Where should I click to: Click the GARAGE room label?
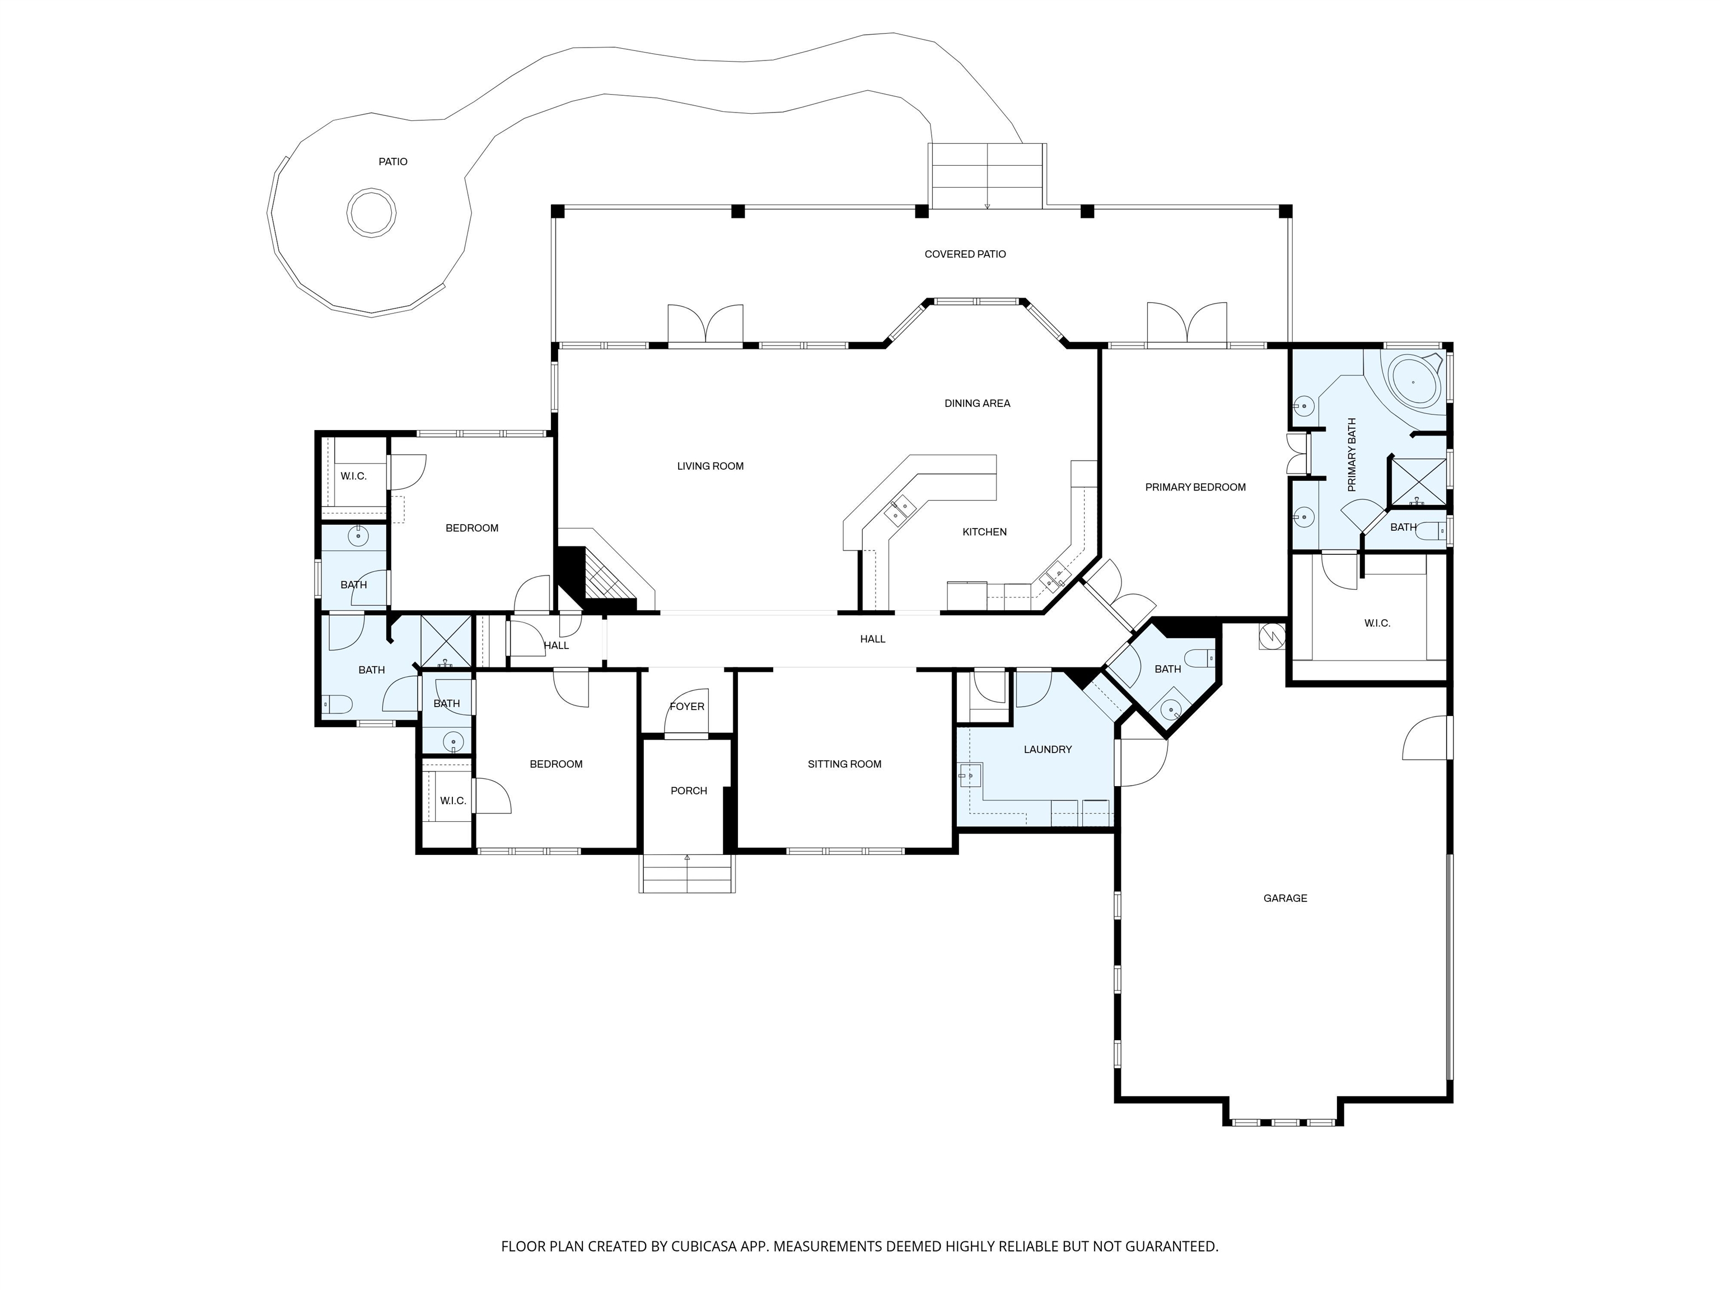coord(1286,898)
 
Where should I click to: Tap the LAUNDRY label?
coord(1048,750)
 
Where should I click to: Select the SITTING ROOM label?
coord(844,764)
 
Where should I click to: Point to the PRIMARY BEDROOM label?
coord(1195,488)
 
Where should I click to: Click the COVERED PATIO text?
coord(965,254)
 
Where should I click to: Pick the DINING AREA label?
coord(978,404)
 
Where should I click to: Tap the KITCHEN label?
coord(984,532)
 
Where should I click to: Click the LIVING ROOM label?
coord(710,466)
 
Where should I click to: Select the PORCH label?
coord(689,791)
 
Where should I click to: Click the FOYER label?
coord(688,707)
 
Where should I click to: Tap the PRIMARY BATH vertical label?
coord(1352,455)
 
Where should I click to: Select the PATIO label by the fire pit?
coord(392,162)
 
